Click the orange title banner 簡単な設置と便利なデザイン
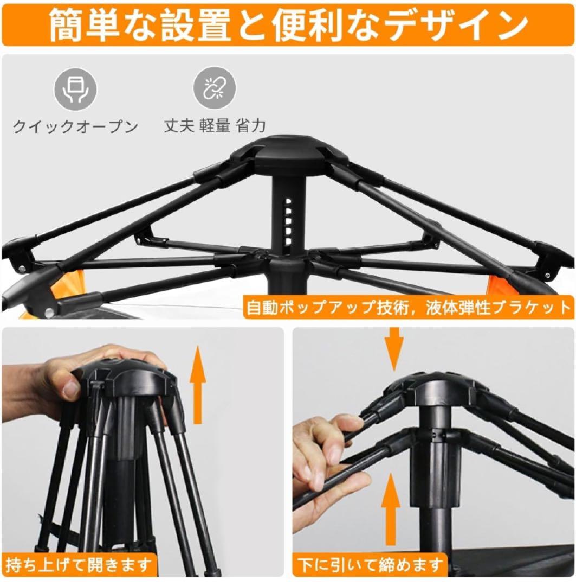tap(288, 24)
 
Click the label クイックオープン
tap(75, 127)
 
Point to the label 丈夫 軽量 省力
tap(215, 126)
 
